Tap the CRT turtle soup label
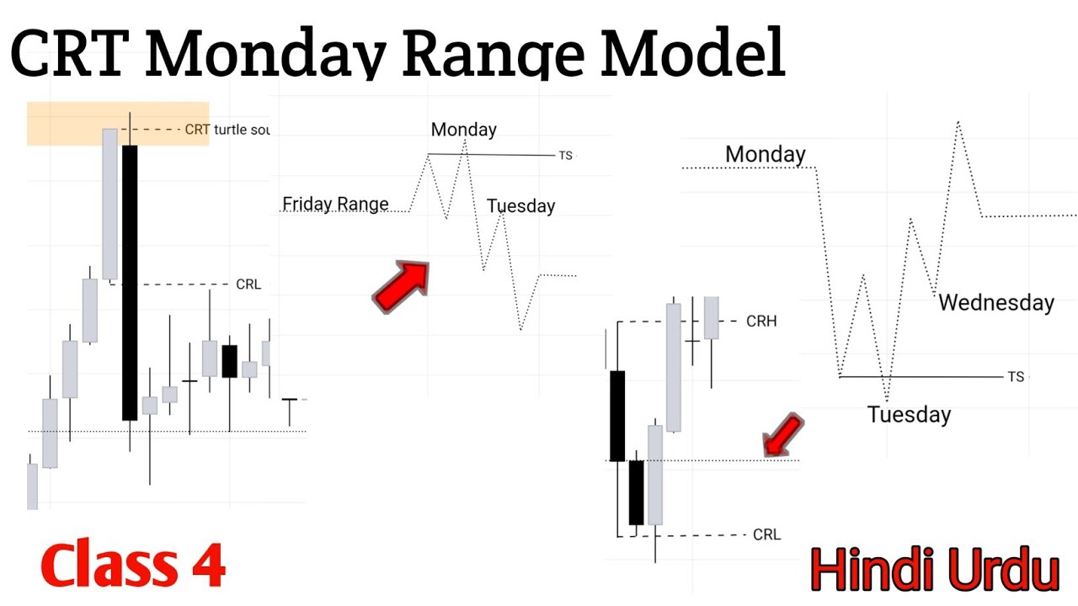click(227, 130)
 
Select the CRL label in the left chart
click(248, 284)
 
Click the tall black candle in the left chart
click(130, 282)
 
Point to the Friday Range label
click(335, 204)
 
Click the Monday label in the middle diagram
click(463, 130)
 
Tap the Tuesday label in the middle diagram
click(520, 206)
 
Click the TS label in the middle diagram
click(565, 156)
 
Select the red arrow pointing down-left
click(782, 434)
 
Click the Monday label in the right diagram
click(765, 155)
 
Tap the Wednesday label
click(996, 302)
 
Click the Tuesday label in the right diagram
click(909, 414)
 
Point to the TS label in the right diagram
click(1016, 376)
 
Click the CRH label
click(761, 321)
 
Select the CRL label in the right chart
click(766, 534)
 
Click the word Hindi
click(873, 571)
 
